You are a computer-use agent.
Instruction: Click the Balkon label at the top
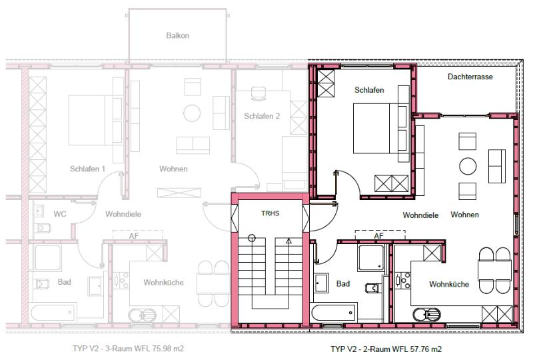point(177,35)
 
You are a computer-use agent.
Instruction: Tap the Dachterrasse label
point(470,77)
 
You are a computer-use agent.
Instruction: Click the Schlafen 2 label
point(262,115)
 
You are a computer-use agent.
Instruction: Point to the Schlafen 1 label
point(87,169)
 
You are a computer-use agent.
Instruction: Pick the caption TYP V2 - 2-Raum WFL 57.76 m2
point(386,349)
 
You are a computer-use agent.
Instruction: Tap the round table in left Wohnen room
point(193,113)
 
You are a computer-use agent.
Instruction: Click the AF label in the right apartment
point(378,235)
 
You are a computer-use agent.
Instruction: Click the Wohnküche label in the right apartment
point(448,284)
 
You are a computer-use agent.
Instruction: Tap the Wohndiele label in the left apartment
point(123,214)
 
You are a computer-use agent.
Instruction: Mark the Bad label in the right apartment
point(343,283)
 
